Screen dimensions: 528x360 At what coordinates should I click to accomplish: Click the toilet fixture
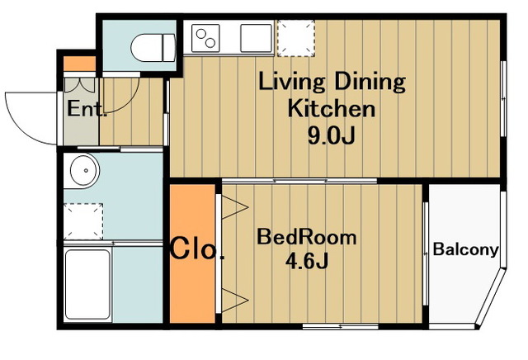(x=153, y=48)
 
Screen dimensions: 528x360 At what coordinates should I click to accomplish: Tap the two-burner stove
(x=205, y=38)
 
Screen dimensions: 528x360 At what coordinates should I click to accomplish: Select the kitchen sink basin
(x=256, y=38)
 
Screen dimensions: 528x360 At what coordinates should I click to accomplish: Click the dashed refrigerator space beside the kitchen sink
(x=296, y=38)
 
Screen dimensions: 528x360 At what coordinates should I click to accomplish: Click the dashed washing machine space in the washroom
(x=83, y=221)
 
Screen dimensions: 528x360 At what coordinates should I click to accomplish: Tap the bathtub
(x=87, y=285)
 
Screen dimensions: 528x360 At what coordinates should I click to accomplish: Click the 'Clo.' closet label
(x=197, y=249)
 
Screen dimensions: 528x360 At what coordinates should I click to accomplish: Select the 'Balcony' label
(x=465, y=250)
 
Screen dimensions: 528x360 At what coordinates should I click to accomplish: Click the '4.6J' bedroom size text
(x=307, y=261)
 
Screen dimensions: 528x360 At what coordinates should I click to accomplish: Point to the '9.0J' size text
(x=332, y=135)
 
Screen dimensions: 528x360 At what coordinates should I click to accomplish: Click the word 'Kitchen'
(x=332, y=108)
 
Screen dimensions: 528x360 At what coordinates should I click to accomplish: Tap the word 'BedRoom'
(x=306, y=237)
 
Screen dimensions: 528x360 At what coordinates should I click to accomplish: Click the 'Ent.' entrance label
(x=87, y=108)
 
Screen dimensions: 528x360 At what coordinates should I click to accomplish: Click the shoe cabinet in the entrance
(x=80, y=85)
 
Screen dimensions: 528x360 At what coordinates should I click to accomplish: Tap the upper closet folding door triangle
(x=235, y=206)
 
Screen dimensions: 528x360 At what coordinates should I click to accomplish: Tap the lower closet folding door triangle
(x=235, y=300)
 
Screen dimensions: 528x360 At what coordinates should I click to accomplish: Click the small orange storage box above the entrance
(x=80, y=64)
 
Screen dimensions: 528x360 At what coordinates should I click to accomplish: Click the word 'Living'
(x=291, y=83)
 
